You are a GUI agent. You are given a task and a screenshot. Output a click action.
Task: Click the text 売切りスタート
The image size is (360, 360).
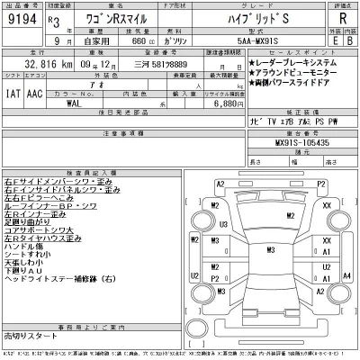coord(28,334)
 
